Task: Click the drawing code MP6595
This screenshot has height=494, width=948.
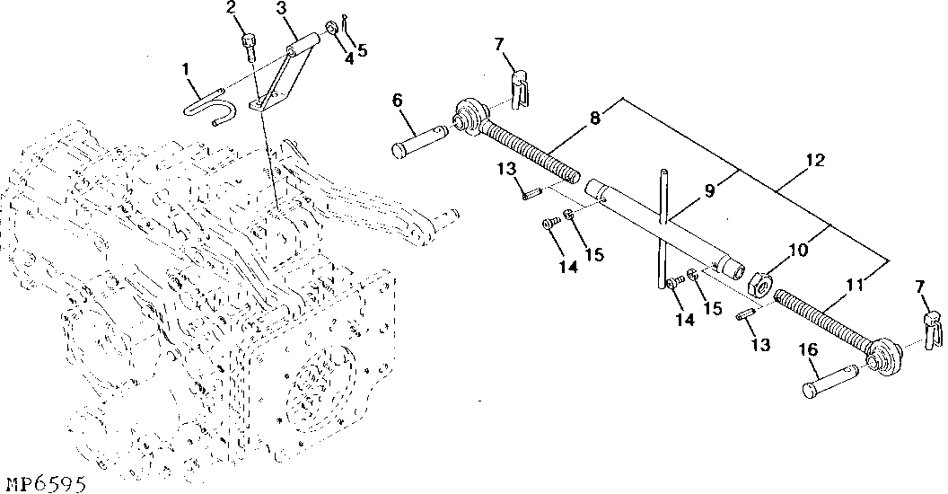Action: [44, 484]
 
